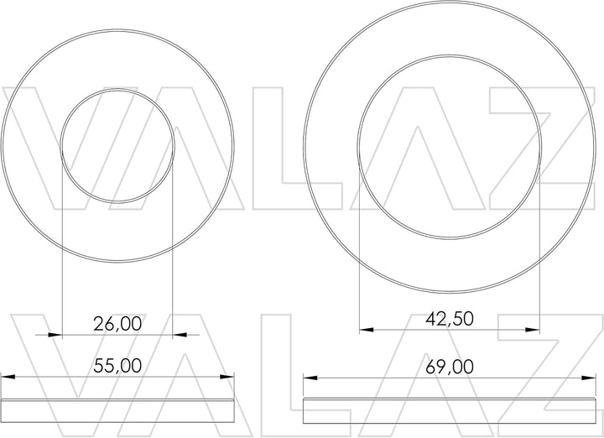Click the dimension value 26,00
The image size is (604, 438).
(x=117, y=324)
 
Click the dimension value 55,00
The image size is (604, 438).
(x=117, y=366)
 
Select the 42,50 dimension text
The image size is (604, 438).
(x=450, y=319)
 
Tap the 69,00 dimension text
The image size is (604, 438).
(x=450, y=367)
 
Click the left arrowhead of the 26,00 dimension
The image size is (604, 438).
(x=55, y=335)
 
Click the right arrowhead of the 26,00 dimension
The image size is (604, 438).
(x=180, y=335)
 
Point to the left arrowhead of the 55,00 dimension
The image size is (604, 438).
(x=8, y=377)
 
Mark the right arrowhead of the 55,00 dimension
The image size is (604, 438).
(x=226, y=377)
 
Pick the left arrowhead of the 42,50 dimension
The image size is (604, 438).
(x=367, y=330)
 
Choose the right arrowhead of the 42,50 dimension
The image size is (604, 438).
(x=533, y=330)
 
